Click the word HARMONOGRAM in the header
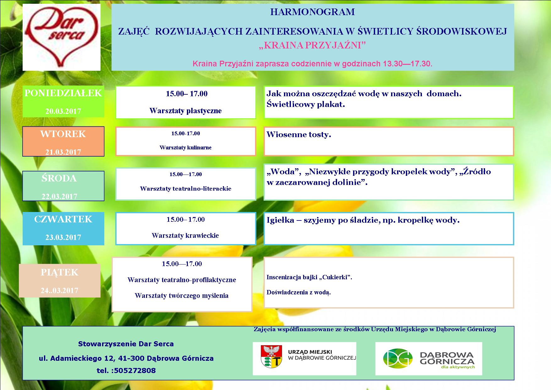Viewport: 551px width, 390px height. point(313,12)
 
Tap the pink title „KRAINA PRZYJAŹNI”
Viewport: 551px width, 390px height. point(313,46)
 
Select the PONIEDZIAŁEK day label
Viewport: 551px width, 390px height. point(63,93)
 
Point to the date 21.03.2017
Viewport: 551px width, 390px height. point(63,152)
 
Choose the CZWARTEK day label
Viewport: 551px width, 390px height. point(63,219)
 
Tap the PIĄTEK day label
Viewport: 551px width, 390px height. point(59,272)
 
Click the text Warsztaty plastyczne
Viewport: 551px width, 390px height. point(186,111)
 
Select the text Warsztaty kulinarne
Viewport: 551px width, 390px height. point(186,148)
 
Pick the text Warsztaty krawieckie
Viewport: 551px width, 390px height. point(185,236)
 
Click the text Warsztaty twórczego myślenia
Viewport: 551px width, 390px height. point(182,296)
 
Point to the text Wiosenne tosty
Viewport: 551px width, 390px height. point(299,135)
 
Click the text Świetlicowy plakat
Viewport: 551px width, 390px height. point(306,104)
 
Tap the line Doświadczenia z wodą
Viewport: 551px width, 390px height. point(298,292)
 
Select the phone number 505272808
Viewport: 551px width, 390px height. point(135,370)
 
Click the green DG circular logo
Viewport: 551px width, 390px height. point(397,358)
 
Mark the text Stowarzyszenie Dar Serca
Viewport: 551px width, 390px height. point(126,344)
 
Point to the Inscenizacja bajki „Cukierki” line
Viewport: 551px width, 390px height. point(309,277)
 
